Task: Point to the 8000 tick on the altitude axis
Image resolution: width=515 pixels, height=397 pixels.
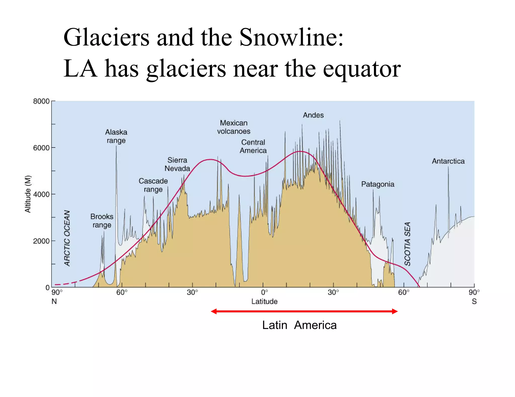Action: coord(41,101)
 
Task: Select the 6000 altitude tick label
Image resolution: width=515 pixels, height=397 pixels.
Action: coord(41,148)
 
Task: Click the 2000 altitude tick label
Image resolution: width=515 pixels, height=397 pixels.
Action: coord(41,241)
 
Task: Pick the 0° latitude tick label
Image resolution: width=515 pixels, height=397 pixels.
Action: coord(264,293)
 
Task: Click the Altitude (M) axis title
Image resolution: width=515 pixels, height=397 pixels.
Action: coord(28,194)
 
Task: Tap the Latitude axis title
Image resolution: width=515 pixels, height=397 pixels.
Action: coord(264,301)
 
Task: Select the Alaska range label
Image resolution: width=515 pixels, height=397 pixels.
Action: coord(116,136)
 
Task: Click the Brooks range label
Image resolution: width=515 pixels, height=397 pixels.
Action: coord(102,221)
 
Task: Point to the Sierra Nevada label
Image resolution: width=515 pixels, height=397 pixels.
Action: coord(177,164)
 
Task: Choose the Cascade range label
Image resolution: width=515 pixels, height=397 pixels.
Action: coord(153,185)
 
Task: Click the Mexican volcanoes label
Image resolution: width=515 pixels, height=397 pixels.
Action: coord(234,127)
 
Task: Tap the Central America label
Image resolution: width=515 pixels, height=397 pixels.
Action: coord(253,146)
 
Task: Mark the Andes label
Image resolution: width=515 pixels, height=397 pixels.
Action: coord(313,115)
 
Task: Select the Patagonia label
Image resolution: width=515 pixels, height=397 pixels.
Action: coord(378,184)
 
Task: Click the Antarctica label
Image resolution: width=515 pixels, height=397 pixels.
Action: coord(448,161)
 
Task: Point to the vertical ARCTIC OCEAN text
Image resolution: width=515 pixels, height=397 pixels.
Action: coord(67,238)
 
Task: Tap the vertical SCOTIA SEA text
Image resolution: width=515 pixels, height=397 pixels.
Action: coord(407,244)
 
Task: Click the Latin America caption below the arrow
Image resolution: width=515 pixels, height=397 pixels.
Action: coord(299,325)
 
